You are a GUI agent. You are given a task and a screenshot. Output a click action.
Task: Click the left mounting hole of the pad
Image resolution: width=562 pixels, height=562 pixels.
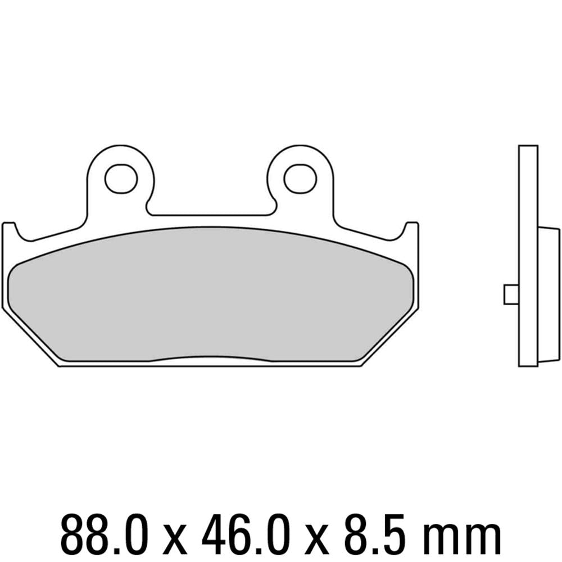[x=121, y=179]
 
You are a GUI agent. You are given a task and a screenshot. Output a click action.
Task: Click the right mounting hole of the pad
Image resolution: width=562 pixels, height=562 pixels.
[x=301, y=179]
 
